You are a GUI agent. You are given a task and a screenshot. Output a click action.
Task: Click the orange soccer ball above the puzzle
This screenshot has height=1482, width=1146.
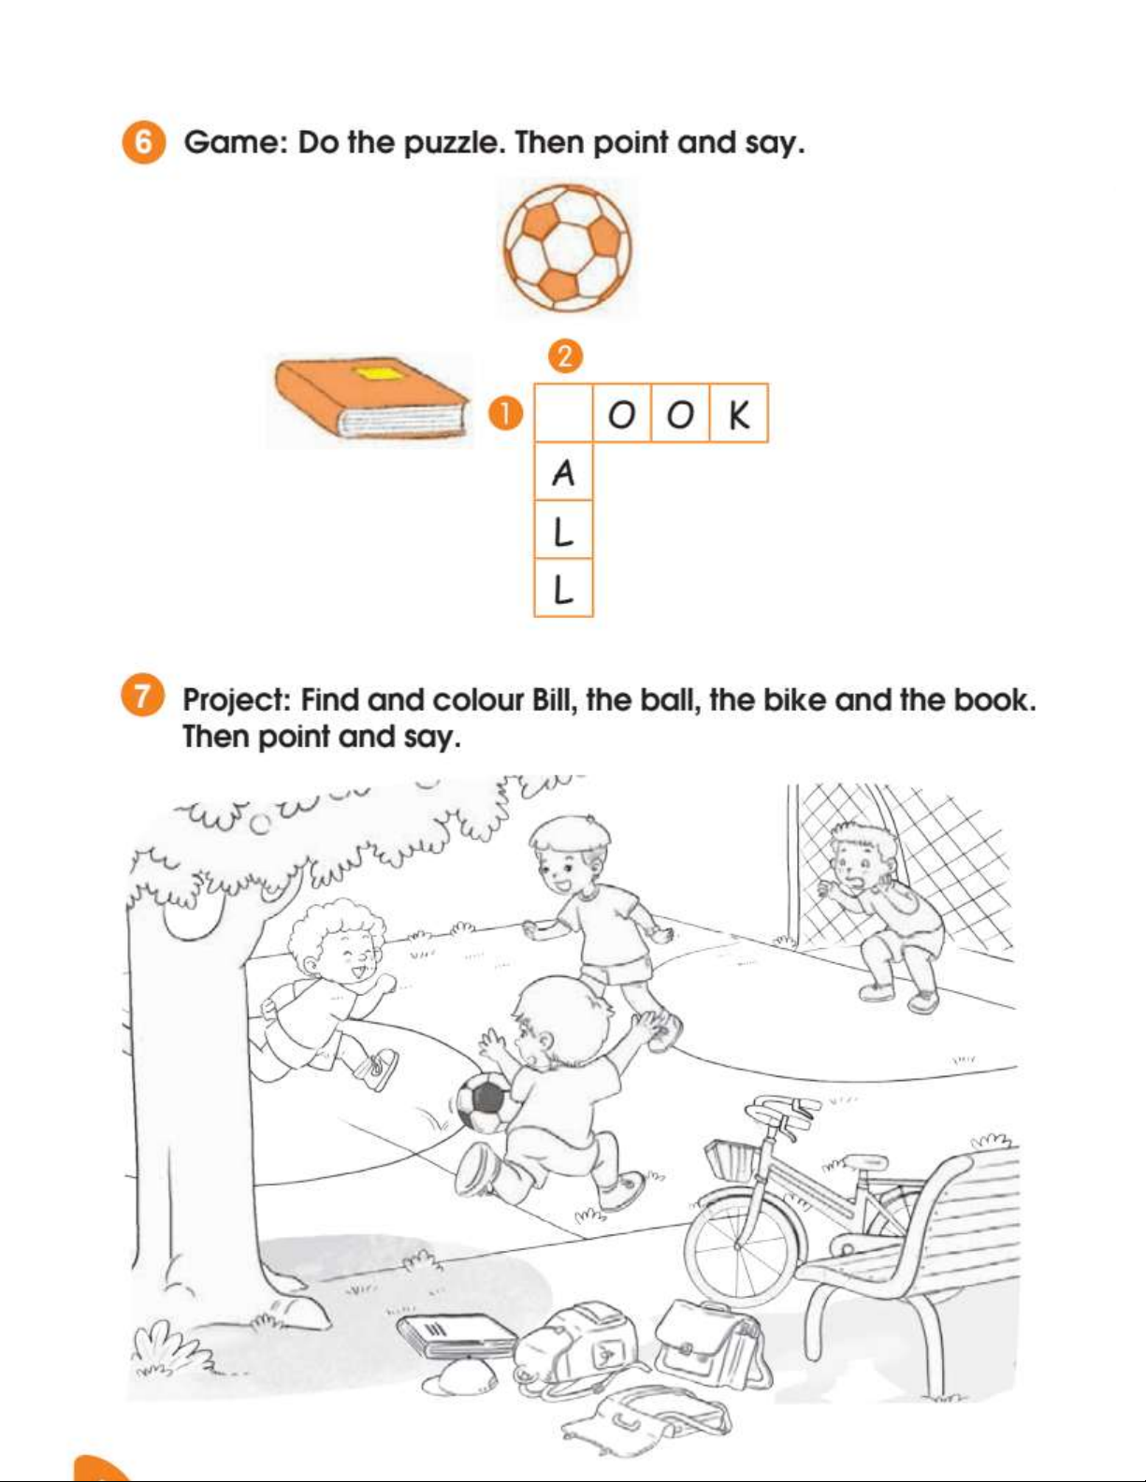tap(568, 248)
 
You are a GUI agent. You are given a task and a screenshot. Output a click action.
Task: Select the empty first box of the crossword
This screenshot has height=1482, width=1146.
tap(563, 413)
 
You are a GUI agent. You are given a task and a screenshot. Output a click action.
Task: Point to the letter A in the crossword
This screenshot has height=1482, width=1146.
tap(563, 472)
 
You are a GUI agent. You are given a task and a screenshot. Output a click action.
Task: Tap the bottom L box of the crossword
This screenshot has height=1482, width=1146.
tap(563, 588)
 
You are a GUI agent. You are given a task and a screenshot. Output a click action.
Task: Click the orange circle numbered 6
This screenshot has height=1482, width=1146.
tap(144, 142)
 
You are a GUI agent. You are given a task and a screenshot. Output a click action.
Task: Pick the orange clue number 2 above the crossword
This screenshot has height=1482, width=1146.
tap(565, 356)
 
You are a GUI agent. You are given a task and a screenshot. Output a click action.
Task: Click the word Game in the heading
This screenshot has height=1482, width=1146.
tap(236, 142)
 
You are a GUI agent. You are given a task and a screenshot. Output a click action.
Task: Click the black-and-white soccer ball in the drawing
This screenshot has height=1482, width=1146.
tap(484, 1102)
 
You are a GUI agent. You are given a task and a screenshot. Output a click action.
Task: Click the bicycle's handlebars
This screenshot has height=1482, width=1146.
tap(785, 1110)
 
